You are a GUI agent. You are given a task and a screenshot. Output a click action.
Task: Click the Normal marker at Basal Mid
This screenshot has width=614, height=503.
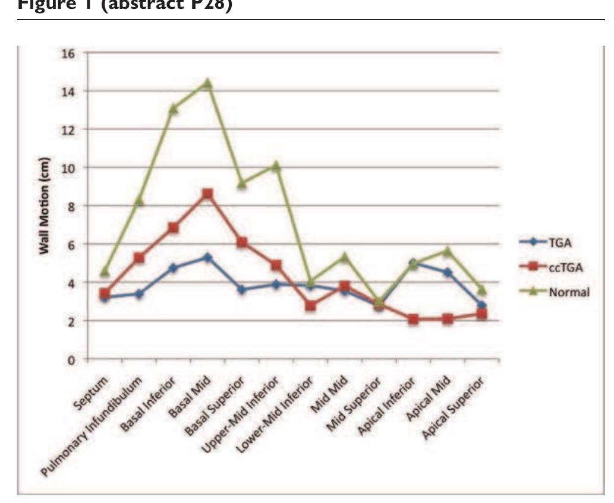point(207,83)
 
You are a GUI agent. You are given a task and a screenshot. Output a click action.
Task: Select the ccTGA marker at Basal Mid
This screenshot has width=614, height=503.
point(207,194)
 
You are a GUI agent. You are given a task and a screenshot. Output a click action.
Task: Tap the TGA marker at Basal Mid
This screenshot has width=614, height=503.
point(207,258)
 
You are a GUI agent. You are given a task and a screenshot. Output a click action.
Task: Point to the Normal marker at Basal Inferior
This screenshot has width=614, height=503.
point(173,108)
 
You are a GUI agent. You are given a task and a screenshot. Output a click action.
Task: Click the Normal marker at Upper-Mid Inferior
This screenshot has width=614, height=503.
point(276,166)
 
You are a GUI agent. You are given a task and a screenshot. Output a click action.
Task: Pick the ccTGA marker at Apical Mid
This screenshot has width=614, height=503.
point(448,319)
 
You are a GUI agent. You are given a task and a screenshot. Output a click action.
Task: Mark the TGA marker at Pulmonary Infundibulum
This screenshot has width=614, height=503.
point(138,294)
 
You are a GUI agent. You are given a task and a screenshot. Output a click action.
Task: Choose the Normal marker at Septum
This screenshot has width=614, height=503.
point(105,271)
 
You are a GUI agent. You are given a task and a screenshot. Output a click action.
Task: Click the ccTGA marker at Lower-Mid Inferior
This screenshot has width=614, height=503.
point(310,306)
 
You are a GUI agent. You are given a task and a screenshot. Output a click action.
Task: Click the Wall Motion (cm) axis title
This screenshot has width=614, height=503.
point(46,206)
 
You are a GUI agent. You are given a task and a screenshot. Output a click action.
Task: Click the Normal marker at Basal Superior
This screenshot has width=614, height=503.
point(241,184)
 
